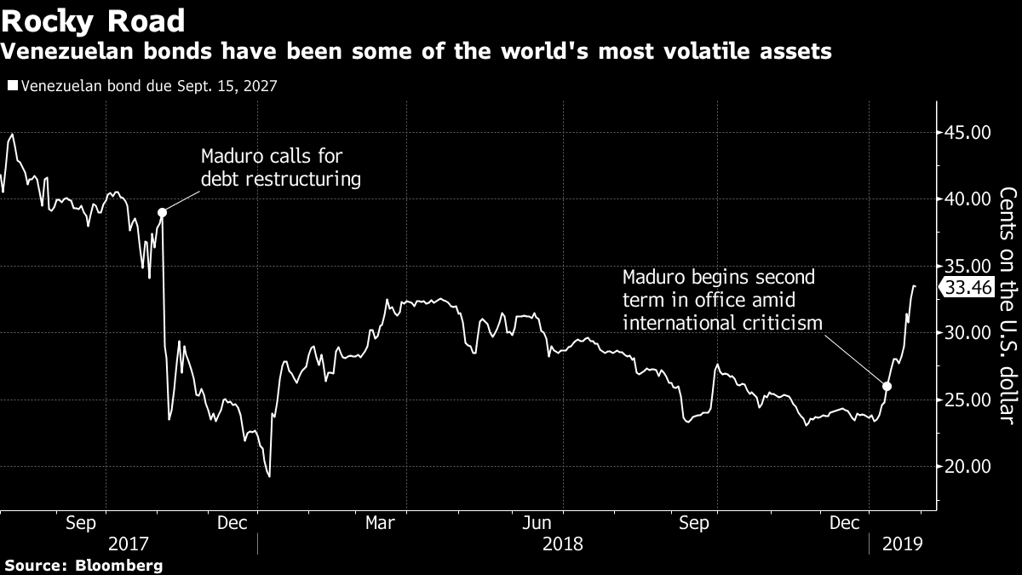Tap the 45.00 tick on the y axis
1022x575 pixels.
[967, 133]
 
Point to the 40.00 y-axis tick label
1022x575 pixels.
[967, 199]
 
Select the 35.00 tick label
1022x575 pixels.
[967, 266]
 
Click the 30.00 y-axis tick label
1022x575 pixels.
[967, 333]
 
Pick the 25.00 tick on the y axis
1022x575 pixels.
[967, 400]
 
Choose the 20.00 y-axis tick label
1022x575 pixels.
[967, 466]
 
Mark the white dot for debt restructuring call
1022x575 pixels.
[162, 212]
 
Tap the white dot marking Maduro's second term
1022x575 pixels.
[887, 386]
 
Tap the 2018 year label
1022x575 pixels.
[562, 543]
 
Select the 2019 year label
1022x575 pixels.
[903, 543]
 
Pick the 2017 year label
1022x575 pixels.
[128, 543]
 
